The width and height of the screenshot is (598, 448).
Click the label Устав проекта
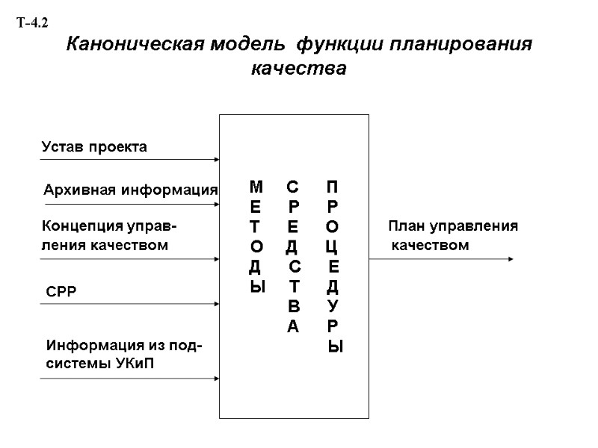[x=93, y=147]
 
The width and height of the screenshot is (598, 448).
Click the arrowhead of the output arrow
[x=510, y=259]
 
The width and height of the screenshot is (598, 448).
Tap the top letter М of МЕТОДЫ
[x=256, y=185]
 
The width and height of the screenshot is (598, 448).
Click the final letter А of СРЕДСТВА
[x=292, y=326]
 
